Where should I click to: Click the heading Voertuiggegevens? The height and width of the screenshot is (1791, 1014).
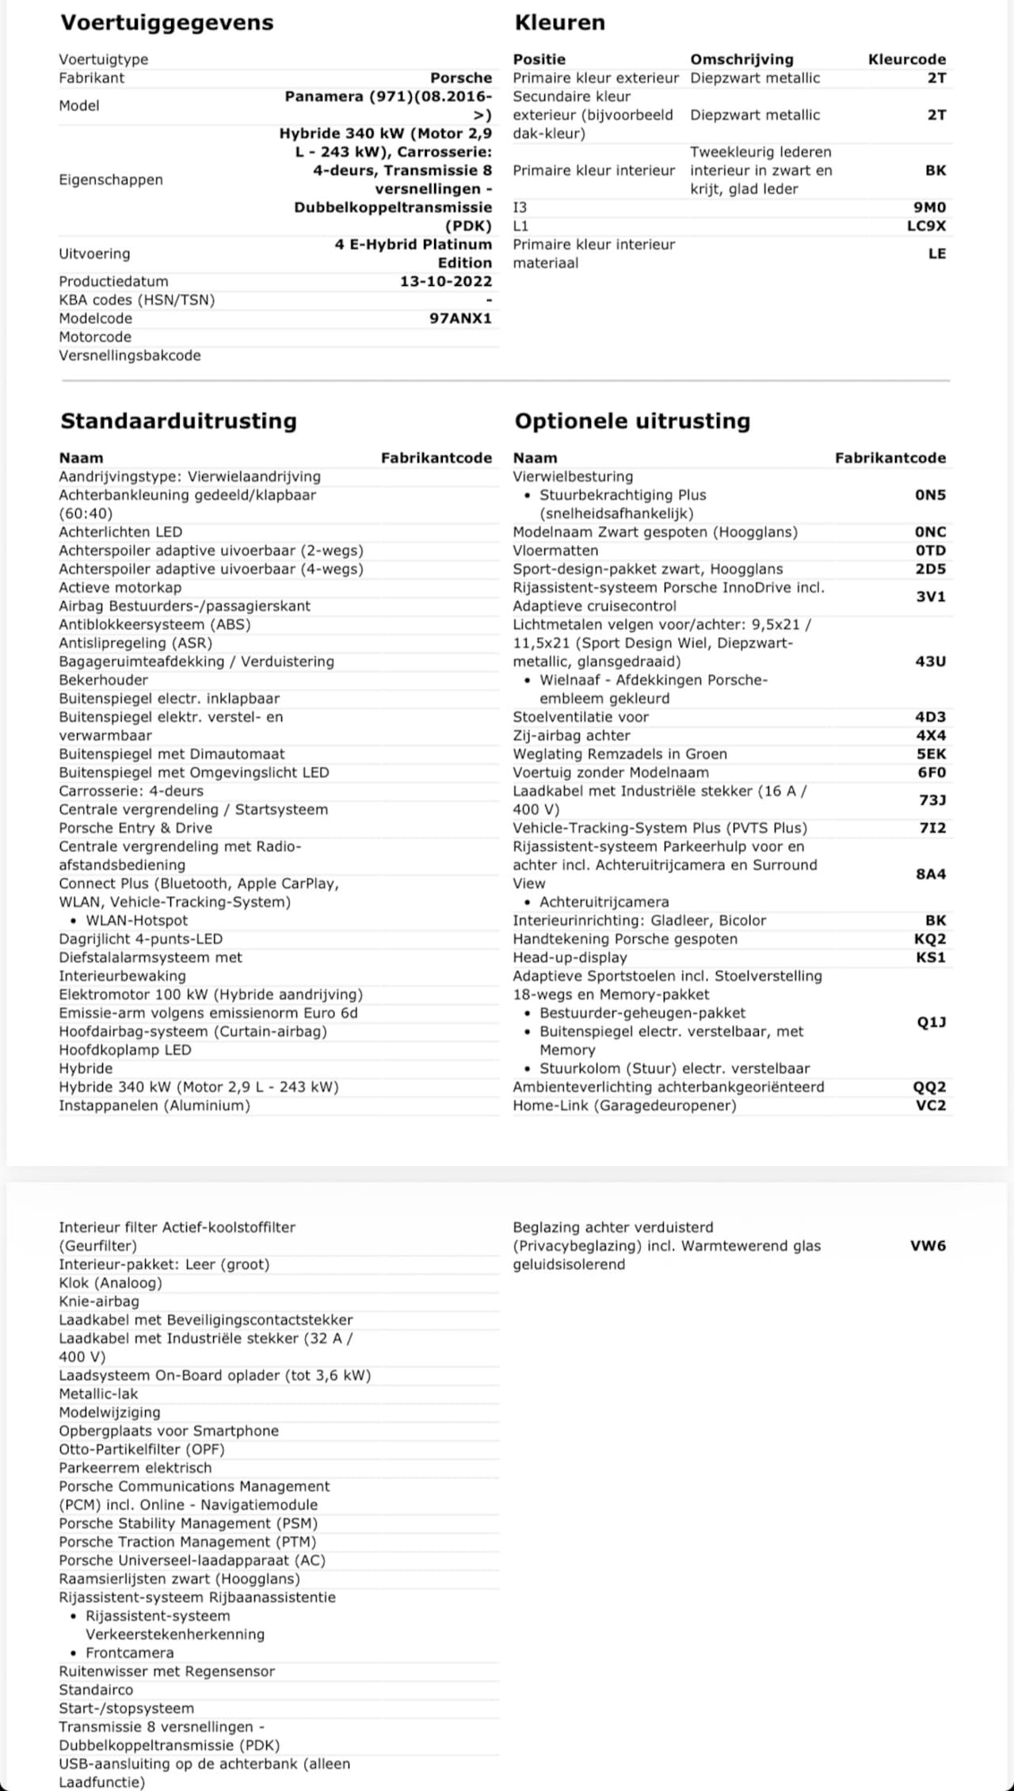(167, 22)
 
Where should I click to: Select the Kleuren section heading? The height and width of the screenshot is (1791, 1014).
(559, 22)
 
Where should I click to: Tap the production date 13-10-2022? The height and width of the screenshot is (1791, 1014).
(446, 281)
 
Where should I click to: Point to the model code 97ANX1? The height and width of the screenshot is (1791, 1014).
(460, 318)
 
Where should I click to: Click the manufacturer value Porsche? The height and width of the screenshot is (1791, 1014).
(461, 78)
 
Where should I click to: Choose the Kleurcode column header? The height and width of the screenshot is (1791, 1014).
(906, 59)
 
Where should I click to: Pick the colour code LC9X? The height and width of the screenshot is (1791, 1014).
(926, 226)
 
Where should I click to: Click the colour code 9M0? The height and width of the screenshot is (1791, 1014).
(929, 208)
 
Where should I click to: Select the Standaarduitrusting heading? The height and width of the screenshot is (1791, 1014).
(178, 421)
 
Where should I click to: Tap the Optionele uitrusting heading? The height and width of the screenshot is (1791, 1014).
(632, 421)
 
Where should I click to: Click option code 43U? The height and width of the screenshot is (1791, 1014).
(930, 661)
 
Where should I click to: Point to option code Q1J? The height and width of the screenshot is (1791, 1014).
(931, 1023)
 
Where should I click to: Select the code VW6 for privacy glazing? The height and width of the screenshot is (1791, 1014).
(928, 1246)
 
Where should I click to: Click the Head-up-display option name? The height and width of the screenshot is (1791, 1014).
(570, 958)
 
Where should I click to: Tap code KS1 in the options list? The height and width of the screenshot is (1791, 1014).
(930, 958)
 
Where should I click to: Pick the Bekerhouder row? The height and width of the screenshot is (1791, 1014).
(103, 680)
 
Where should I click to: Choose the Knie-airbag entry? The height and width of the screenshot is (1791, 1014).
(99, 1301)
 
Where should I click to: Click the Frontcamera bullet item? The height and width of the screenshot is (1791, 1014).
(129, 1653)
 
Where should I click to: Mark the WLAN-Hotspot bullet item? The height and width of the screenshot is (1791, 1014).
(136, 920)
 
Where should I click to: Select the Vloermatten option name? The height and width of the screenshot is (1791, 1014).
(555, 551)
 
